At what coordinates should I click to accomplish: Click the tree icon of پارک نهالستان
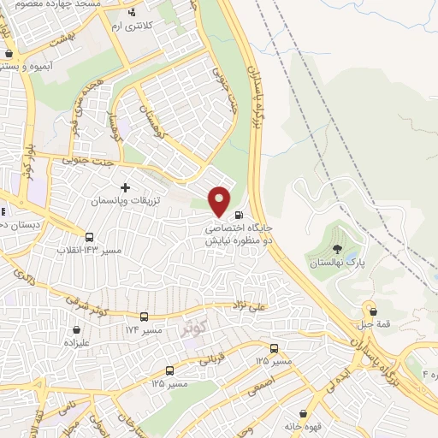click(x=339, y=250)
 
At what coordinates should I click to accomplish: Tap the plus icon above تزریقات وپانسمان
click(x=126, y=186)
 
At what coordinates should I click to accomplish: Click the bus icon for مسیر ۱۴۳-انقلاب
click(x=89, y=238)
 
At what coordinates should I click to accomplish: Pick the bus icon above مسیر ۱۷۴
click(x=144, y=316)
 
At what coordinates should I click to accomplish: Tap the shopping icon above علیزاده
click(x=76, y=328)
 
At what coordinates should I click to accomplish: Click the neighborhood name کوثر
click(x=193, y=328)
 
